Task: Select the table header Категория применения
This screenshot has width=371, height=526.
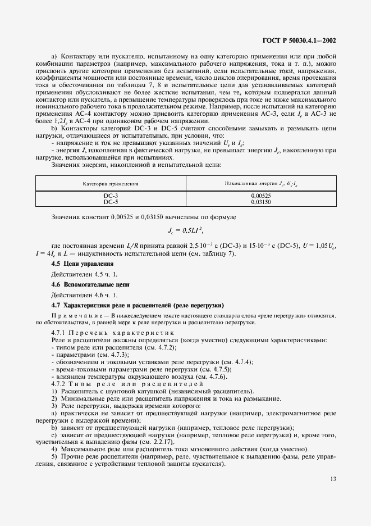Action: [x=111, y=183]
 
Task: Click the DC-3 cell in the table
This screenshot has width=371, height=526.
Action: [x=111, y=195]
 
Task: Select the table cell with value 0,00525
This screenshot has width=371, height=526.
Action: [x=262, y=195]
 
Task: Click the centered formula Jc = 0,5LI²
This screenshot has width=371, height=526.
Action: [x=186, y=230]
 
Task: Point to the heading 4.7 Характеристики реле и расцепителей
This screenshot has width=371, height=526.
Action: [x=138, y=305]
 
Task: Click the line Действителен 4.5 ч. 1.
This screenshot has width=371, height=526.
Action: [x=85, y=274]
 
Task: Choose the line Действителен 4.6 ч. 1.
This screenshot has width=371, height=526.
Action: [x=85, y=295]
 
